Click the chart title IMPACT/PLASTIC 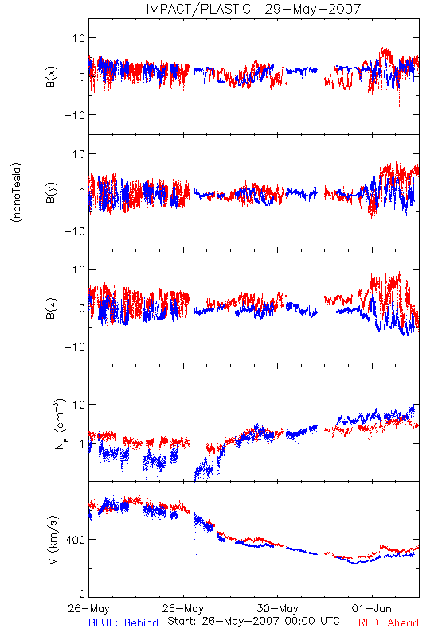click(198, 9)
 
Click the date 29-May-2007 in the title click(313, 9)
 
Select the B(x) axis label click(51, 76)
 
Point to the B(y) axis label click(51, 192)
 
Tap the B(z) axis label click(51, 308)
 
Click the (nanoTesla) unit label click(17, 192)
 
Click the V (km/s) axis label click(53, 540)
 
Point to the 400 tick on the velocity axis click(76, 540)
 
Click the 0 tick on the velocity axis click(82, 594)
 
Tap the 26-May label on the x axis click(89, 608)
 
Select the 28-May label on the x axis click(183, 608)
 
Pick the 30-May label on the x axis click(277, 608)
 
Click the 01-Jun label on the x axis click(372, 608)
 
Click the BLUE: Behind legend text click(123, 622)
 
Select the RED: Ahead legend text click(389, 622)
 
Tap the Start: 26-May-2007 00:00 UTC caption click(253, 621)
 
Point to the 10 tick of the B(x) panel click(79, 38)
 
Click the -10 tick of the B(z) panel click(75, 347)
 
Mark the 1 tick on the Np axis click(83, 444)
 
